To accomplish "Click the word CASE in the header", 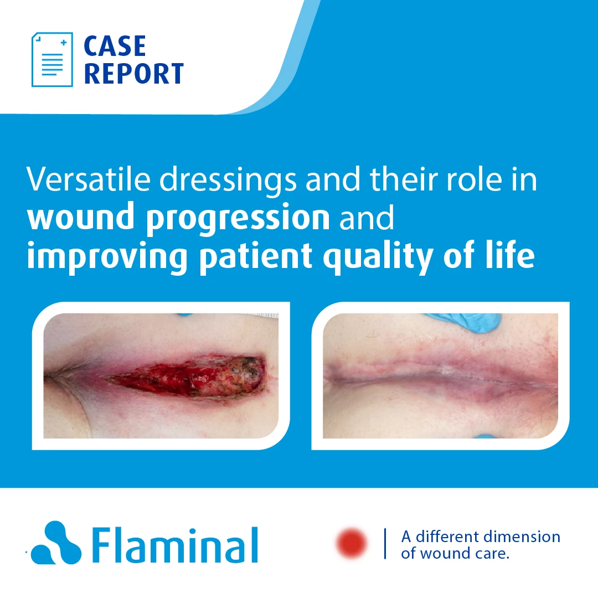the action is coord(115,46).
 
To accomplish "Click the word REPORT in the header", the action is coord(134,74).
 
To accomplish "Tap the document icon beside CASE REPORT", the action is coord(52,59).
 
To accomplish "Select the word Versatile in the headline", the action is coord(89,179).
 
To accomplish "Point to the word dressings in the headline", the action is coord(228,181).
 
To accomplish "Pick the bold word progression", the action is coord(238,219).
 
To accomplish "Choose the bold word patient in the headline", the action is coord(256,257).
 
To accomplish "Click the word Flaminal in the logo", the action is coord(175,545).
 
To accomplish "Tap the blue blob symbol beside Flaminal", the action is coord(56,543).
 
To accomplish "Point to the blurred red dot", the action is coord(351,543).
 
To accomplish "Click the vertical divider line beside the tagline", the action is coord(385,544).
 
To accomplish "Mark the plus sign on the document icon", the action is coord(64,42).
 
